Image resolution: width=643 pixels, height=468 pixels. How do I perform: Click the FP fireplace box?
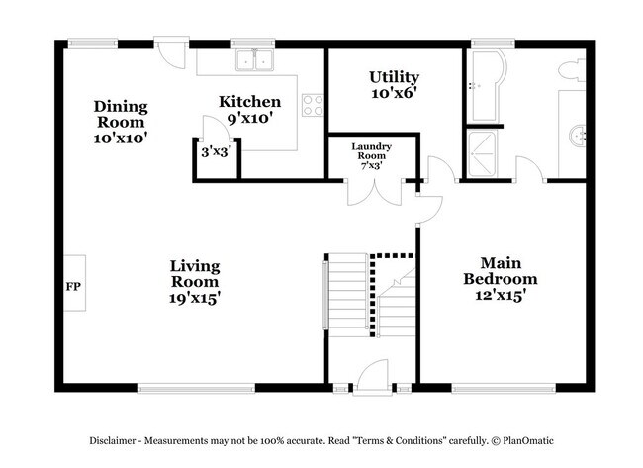coord(73,286)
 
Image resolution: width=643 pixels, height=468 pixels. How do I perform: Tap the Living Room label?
coord(194,281)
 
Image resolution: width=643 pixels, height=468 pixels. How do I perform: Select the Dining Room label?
coord(121,122)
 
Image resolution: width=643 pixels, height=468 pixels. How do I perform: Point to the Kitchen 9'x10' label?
coord(249,109)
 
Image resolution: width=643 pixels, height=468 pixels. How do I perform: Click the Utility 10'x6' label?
coord(394,85)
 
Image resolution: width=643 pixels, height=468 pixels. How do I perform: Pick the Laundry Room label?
coord(372,156)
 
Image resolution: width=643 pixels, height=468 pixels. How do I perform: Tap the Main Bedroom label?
coord(501,279)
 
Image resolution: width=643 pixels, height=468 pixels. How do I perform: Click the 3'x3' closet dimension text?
coord(216,153)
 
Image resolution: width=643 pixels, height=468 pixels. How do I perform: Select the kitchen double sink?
coord(254,61)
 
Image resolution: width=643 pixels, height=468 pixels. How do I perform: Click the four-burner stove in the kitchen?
coord(313,104)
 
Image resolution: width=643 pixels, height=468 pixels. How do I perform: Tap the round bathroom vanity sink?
coord(580,134)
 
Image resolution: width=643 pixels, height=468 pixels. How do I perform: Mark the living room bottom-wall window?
coord(196,387)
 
